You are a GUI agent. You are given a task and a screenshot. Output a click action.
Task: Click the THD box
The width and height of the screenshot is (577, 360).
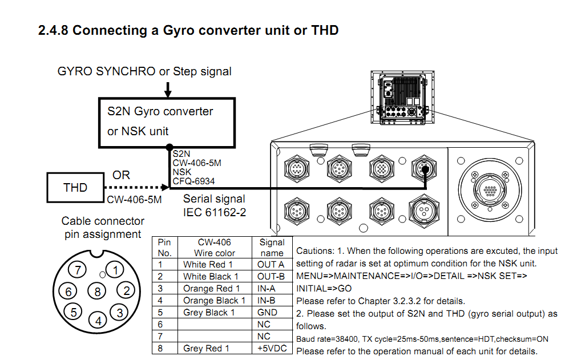[75, 188]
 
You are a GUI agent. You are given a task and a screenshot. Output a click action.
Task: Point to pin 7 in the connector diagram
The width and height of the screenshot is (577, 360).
[80, 269]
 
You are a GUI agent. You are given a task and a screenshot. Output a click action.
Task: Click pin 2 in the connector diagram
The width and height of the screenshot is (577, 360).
[128, 290]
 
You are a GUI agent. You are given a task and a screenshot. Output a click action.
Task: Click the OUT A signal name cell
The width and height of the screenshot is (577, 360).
[271, 264]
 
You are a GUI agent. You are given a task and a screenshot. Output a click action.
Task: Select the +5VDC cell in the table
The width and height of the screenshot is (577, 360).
[271, 348]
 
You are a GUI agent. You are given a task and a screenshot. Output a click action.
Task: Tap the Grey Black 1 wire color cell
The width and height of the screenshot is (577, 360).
[209, 313]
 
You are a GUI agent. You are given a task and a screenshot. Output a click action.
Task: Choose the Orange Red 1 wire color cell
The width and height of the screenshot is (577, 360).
[211, 289]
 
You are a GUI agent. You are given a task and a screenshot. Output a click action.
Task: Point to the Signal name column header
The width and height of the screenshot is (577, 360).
[272, 248]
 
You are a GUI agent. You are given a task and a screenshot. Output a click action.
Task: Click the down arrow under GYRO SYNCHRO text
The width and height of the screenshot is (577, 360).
[168, 90]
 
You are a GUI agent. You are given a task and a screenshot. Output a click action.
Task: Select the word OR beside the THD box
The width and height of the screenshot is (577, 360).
[121, 175]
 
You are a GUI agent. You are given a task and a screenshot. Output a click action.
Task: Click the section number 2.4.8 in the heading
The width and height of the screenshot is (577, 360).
[53, 30]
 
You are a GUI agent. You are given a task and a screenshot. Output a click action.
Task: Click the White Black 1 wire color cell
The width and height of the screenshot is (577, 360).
[211, 277]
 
